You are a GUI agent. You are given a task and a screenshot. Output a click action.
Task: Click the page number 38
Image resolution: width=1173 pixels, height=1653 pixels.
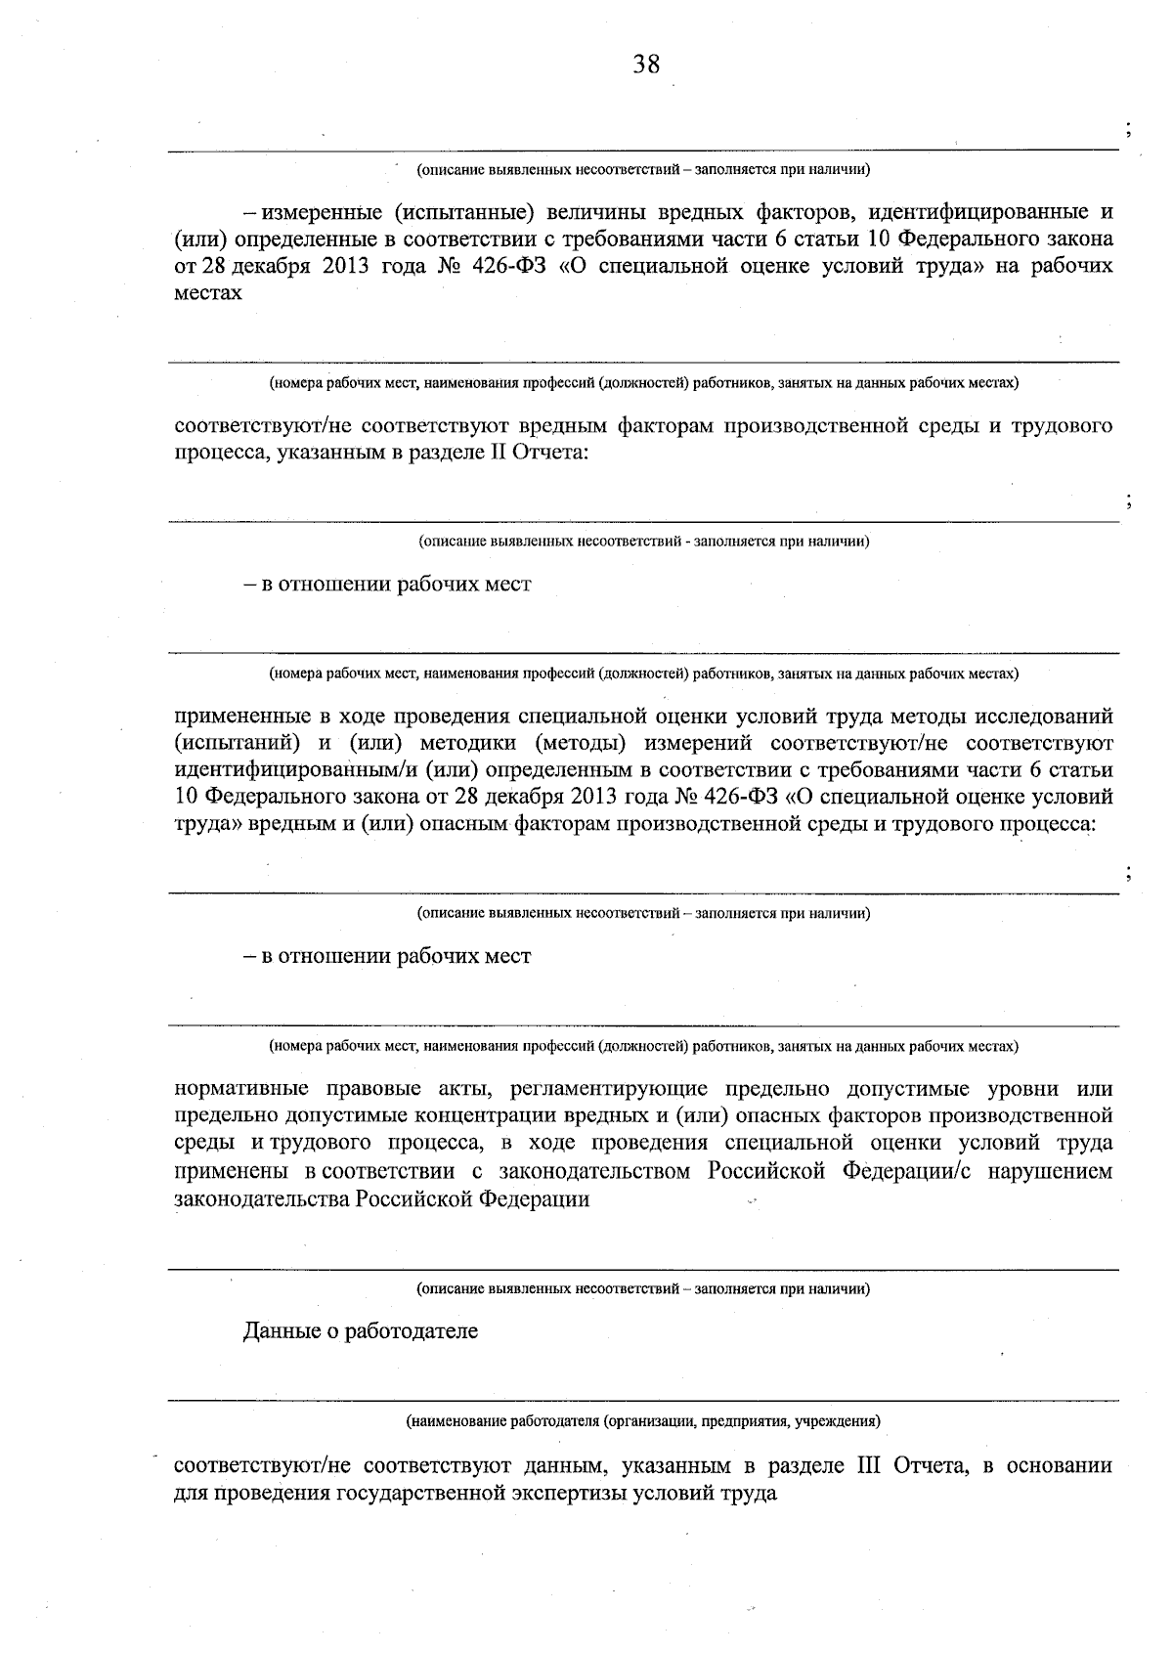(646, 65)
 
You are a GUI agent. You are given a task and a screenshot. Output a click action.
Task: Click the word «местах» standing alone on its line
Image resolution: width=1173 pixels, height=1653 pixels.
(207, 292)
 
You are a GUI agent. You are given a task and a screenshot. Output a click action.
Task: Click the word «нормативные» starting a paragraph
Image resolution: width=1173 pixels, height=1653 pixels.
(240, 1089)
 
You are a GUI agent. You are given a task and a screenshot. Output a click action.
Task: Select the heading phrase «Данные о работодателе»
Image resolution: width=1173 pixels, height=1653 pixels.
(361, 1331)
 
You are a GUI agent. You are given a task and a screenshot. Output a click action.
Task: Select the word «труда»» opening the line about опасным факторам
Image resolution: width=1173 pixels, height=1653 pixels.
(207, 824)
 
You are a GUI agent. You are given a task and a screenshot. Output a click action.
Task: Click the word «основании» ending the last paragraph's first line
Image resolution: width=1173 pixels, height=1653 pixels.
(1062, 1466)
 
